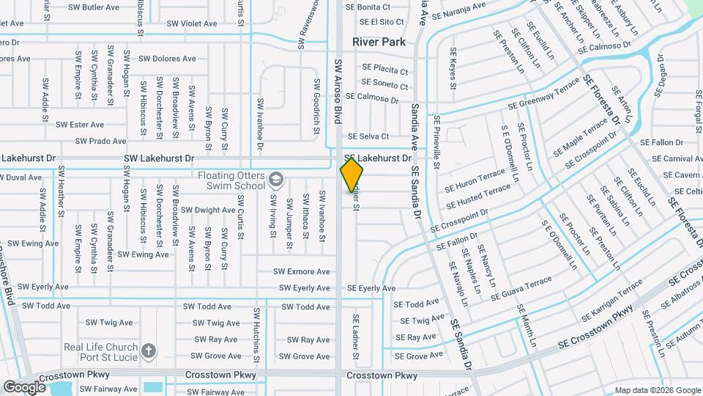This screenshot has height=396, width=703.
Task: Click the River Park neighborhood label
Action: pos(379,42)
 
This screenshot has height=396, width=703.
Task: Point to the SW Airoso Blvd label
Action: pos(338,90)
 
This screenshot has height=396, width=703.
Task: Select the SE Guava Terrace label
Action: pos(522,287)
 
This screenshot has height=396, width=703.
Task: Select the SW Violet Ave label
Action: pos(192,23)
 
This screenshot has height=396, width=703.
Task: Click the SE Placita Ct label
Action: pos(384,71)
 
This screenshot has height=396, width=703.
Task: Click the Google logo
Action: pos(24,386)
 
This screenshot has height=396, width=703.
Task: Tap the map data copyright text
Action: pos(657,390)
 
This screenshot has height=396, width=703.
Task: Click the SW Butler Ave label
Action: pos(93,7)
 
